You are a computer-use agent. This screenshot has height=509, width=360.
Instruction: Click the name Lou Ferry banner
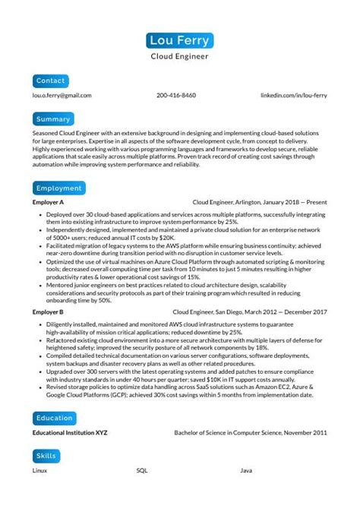180,40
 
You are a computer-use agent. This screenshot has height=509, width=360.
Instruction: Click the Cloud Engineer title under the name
180,56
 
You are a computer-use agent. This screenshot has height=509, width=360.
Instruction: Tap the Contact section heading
51,80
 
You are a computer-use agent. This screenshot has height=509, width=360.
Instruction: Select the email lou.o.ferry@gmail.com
62,96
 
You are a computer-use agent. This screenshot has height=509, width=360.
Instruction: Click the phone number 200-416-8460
176,96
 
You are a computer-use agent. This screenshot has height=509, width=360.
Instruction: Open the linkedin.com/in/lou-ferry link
294,96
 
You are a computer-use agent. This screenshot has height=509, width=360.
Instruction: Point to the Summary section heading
53,119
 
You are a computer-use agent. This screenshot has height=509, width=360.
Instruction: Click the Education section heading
55,418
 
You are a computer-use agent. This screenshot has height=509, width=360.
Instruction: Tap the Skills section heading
46,456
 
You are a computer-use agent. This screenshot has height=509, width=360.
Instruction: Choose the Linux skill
40,471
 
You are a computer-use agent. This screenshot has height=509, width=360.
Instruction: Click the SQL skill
142,471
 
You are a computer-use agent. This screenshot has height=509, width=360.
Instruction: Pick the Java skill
246,471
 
